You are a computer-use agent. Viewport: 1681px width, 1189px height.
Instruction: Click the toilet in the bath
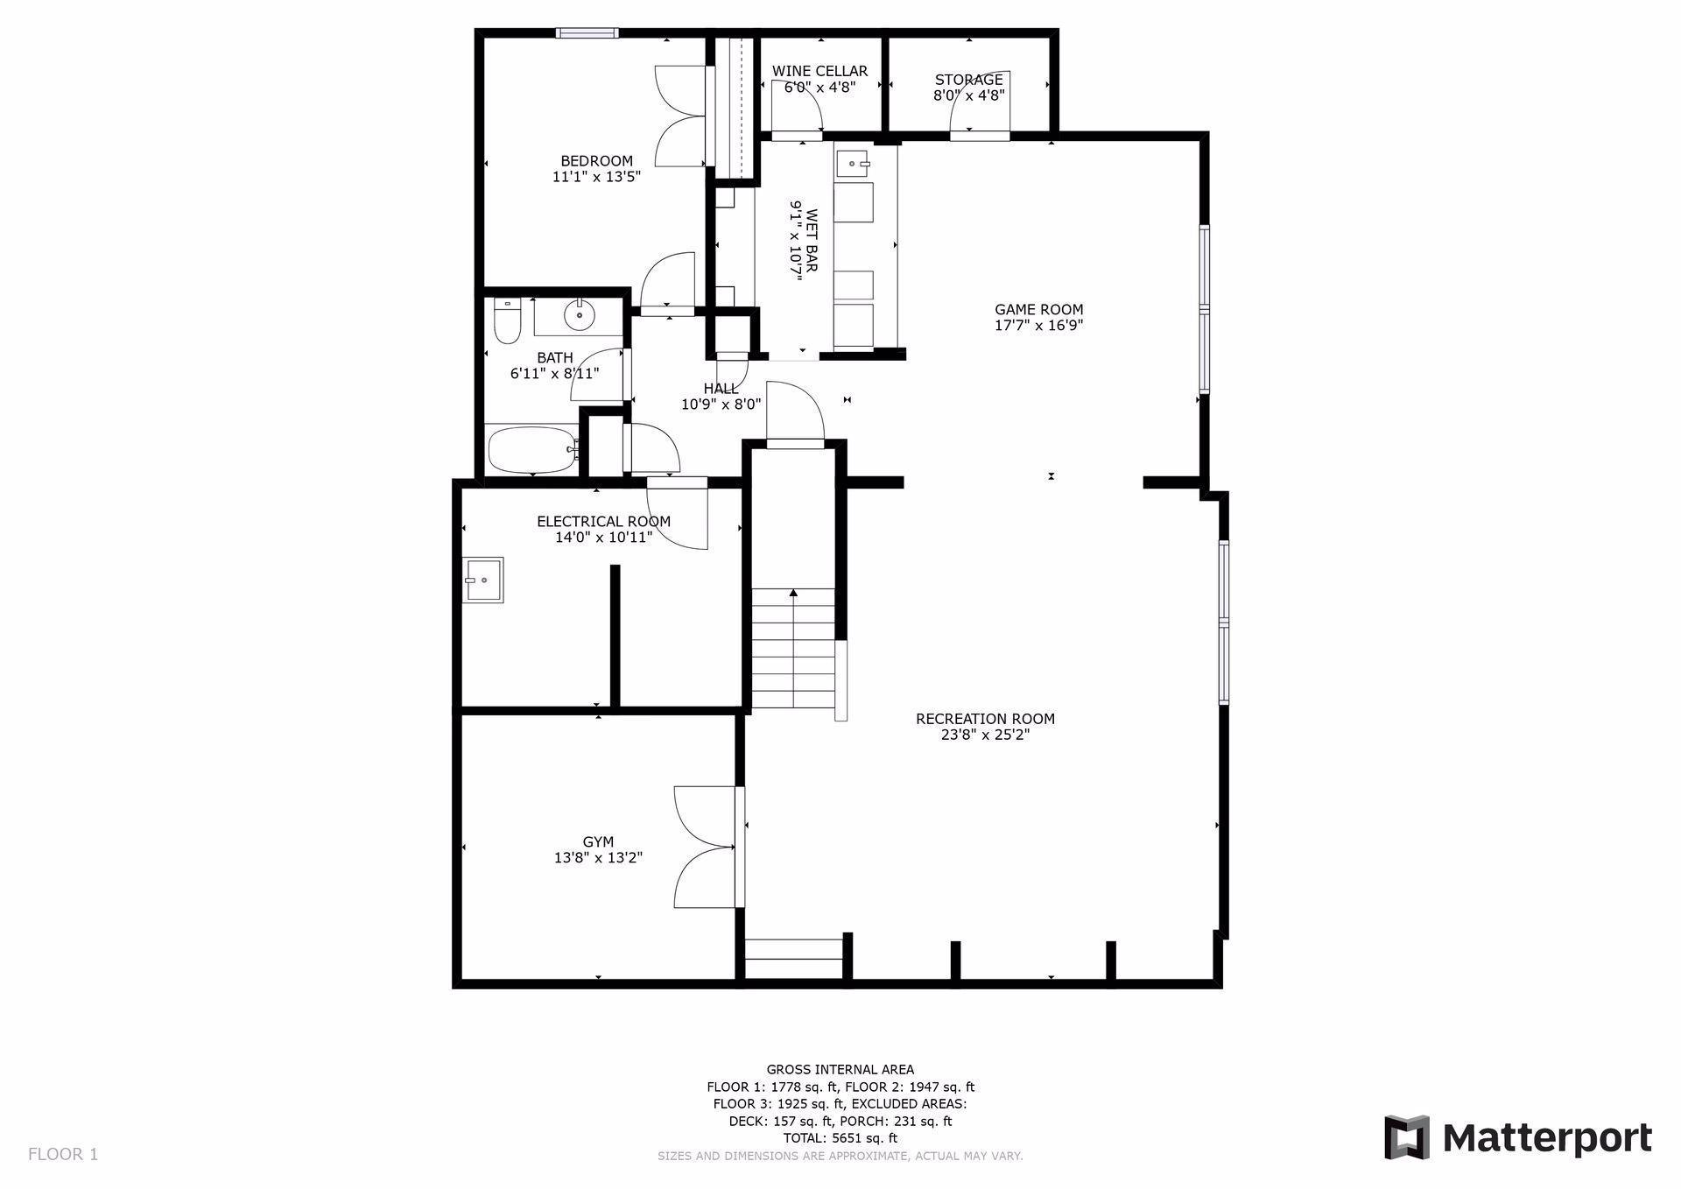508,321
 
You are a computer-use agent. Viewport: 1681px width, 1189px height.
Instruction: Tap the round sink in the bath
579,314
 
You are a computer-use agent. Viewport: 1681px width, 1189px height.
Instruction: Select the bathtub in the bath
532,449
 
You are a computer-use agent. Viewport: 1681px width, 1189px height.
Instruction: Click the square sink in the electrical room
484,580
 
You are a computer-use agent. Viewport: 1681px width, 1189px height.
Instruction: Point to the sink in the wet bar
855,163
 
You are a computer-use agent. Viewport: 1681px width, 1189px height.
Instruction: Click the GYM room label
598,842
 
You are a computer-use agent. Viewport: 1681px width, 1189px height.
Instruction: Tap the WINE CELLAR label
819,71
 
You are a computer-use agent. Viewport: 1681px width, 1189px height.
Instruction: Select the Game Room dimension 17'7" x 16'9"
1038,326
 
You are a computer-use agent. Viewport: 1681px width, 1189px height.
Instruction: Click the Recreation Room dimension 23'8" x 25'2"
985,735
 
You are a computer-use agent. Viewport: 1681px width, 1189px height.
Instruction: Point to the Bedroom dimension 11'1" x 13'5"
596,177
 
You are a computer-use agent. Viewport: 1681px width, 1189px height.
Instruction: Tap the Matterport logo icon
1406,1137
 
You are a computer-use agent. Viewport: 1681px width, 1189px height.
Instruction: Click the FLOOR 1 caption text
63,1154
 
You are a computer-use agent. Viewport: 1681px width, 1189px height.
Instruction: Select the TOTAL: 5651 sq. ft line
840,1138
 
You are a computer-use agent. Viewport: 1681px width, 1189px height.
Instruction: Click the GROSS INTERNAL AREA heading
840,1069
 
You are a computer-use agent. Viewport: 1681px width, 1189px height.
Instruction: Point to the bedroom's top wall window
587,33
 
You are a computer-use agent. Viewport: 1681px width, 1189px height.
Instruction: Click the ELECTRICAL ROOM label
603,522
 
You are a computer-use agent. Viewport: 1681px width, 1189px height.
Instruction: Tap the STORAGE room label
968,80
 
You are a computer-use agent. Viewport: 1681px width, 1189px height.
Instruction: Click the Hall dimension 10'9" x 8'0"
721,405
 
